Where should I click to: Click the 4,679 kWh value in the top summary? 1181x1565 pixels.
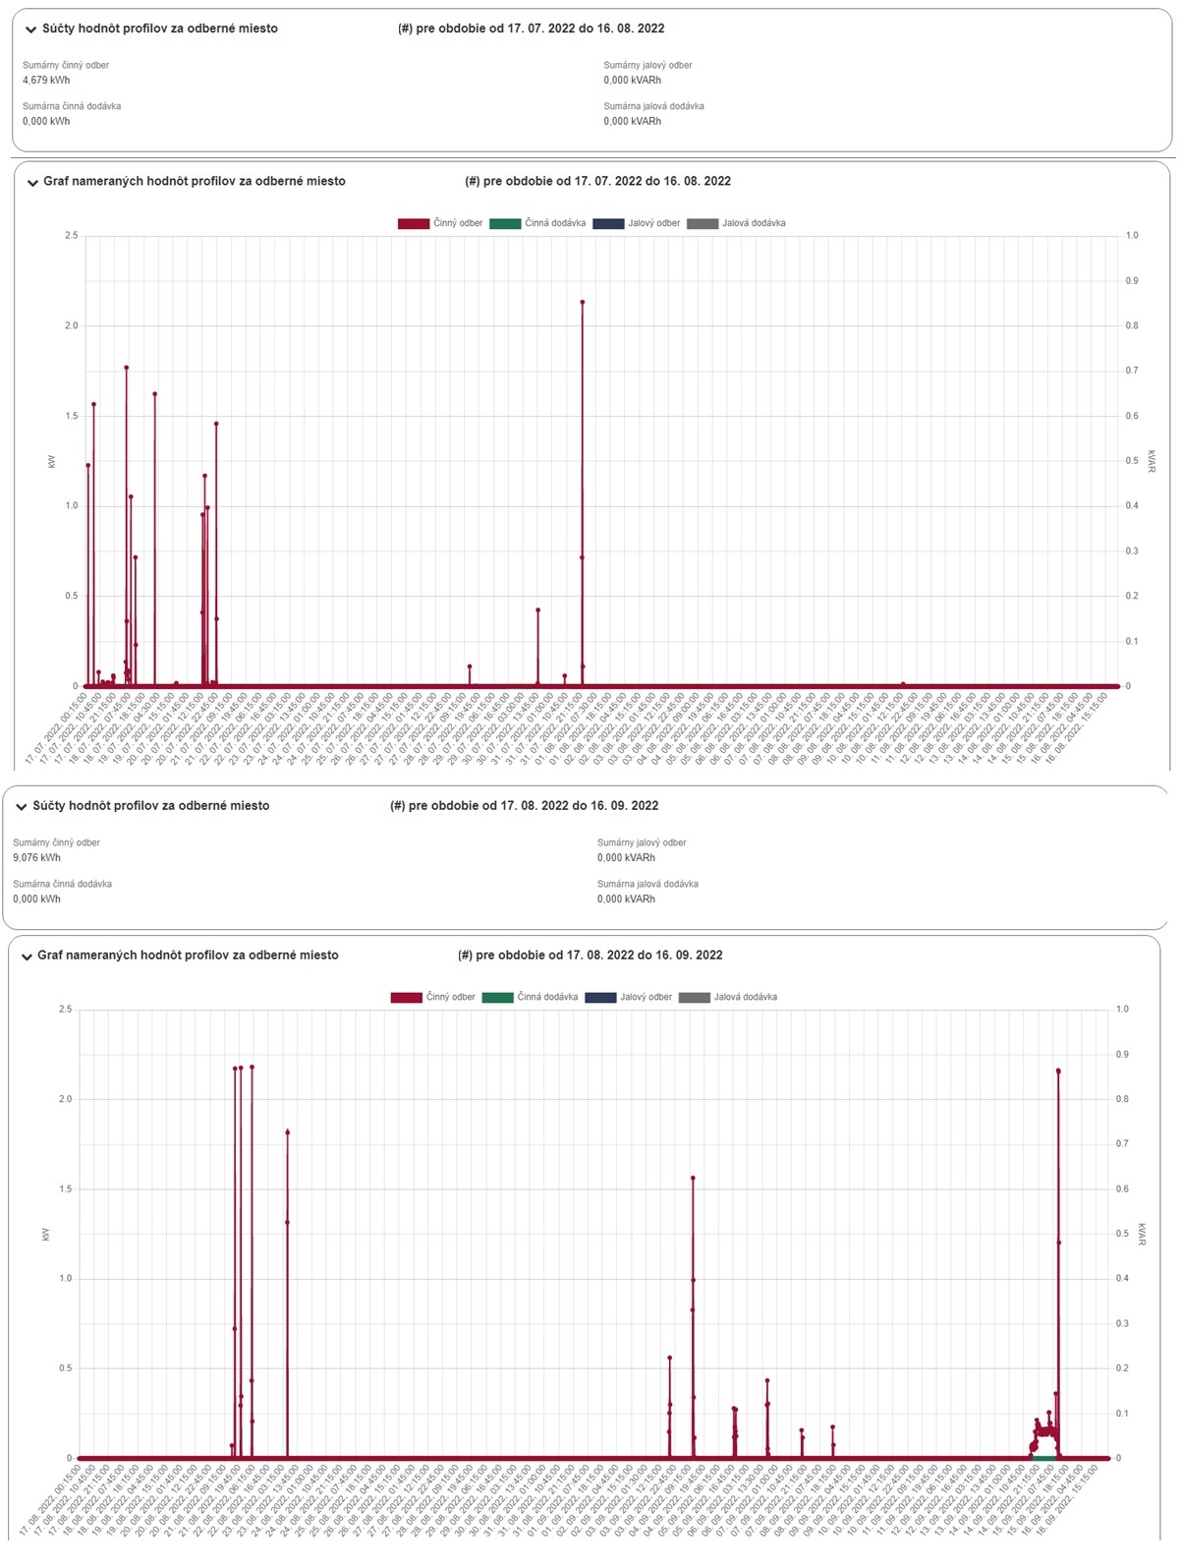click(x=46, y=81)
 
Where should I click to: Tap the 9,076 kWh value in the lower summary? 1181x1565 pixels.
click(x=36, y=858)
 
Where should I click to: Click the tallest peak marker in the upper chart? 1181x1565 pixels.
click(x=583, y=303)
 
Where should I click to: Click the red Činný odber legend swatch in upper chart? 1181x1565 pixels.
click(x=413, y=224)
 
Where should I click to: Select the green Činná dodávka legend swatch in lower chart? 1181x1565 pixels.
click(x=497, y=998)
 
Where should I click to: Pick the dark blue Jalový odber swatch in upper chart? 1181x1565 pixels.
click(x=608, y=224)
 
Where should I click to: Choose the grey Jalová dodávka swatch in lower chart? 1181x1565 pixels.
click(x=694, y=998)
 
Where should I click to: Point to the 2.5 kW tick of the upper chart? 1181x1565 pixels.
click(x=71, y=236)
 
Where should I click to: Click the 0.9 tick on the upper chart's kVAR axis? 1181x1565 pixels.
click(x=1132, y=281)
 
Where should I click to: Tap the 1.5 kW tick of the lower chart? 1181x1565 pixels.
click(x=65, y=1189)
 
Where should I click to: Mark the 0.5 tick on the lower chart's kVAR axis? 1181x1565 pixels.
click(x=1122, y=1235)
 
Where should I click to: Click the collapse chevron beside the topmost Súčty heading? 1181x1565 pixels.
click(x=31, y=29)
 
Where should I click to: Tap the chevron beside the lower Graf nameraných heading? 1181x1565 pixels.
click(x=27, y=956)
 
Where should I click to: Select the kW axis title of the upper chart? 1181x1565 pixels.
click(x=51, y=461)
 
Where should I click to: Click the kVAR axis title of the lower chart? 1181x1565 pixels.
click(x=1142, y=1235)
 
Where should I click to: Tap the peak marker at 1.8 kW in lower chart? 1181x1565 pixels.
click(x=288, y=1132)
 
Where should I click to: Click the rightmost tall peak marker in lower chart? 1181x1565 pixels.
click(x=1058, y=1072)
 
